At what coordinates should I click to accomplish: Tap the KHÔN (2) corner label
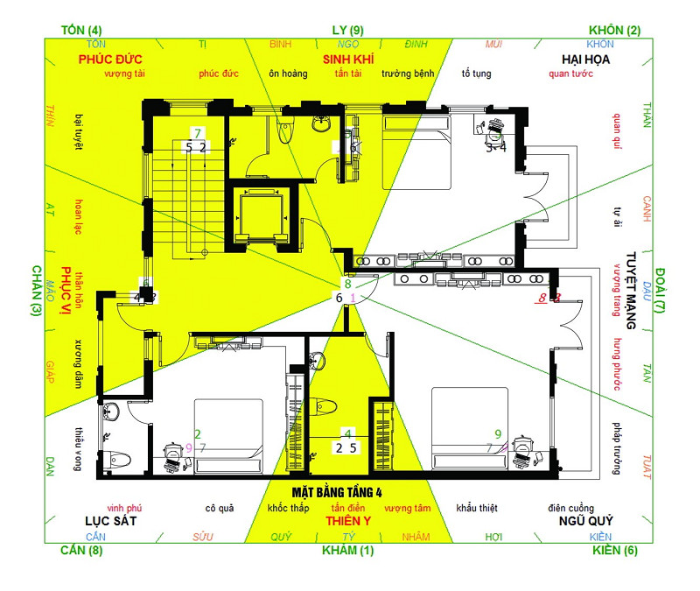pos(614,31)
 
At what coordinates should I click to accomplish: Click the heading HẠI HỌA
pos(585,60)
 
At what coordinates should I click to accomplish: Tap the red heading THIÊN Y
pos(349,521)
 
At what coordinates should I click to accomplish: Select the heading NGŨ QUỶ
pos(585,521)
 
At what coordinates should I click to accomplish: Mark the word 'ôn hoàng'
pos(288,74)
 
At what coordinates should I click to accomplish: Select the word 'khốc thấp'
pos(288,508)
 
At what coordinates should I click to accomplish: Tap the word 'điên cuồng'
pos(570,508)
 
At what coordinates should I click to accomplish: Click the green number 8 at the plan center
pos(347,284)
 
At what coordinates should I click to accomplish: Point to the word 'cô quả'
pos(220,508)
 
